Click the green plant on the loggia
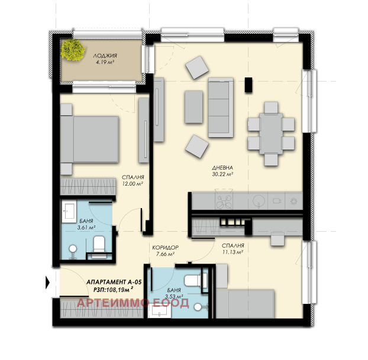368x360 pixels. point(73,50)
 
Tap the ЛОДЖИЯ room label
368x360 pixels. point(105,56)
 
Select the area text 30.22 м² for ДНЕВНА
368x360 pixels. point(222,174)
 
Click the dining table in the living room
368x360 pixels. point(271,134)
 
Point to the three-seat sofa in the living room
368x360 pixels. point(221,108)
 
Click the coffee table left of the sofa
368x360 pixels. point(193,107)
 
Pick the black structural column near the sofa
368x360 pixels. point(248,85)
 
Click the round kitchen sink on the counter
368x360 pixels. point(259,201)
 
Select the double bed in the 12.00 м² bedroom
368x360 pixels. point(89,140)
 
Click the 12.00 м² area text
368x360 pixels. point(133,184)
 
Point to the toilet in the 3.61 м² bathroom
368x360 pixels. point(99,247)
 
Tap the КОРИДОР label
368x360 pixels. point(165,248)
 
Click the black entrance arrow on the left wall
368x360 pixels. point(48,283)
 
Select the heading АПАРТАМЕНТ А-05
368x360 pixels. point(114,282)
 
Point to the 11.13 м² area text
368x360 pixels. point(233,252)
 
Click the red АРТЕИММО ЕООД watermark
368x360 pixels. point(133,303)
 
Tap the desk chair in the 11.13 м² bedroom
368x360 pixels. point(277,239)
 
